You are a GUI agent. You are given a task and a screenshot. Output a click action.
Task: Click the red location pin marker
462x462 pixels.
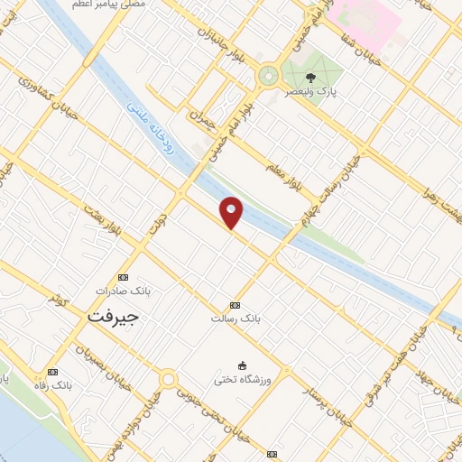coord(232,211)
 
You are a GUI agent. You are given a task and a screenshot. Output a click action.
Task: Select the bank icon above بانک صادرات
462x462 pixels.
coord(124,277)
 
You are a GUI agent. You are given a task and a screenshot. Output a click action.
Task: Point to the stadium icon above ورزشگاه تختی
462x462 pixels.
coord(240,365)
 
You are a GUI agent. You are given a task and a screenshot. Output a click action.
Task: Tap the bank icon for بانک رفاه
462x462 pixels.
coord(52,372)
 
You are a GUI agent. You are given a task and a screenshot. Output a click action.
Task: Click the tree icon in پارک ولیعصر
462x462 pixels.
coord(311,78)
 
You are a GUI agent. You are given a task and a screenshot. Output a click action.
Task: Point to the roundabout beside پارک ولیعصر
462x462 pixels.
coord(268,76)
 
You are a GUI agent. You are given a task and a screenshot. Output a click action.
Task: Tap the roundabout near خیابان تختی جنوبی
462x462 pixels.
coord(166,379)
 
